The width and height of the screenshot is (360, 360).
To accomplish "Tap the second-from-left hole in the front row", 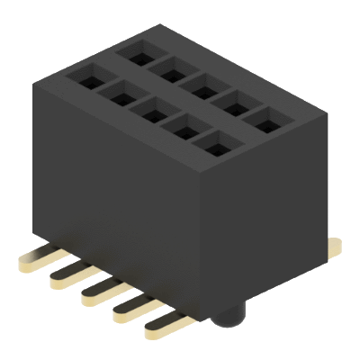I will click(x=116, y=91).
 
